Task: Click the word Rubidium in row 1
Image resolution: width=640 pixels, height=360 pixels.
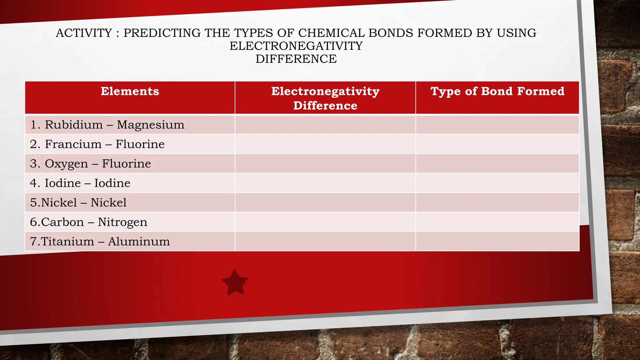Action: pos(74,125)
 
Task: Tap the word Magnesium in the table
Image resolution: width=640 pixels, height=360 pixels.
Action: pos(151,125)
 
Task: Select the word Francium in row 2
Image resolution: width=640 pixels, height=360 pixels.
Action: pos(73,144)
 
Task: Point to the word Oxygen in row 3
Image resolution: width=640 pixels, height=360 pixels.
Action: pos(66,164)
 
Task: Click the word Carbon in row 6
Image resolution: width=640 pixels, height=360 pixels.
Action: pos(62,222)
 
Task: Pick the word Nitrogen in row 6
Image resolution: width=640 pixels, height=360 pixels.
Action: pos(122,222)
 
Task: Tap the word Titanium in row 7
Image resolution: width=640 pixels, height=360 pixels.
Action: pos(67,241)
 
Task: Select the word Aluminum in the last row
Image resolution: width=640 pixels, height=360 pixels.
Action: pos(139,241)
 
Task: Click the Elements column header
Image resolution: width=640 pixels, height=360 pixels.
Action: pos(130,91)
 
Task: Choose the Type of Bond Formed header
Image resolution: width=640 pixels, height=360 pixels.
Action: pos(497,91)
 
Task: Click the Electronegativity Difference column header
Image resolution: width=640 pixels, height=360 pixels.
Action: pos(325,98)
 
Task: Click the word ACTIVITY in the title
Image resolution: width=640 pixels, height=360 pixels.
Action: pos(84,33)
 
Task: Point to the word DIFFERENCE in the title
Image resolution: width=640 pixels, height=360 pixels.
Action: pos(296,59)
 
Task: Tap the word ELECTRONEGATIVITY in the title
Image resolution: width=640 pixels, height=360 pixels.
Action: pos(296,46)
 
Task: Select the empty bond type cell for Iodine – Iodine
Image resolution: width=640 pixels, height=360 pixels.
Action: pos(497,183)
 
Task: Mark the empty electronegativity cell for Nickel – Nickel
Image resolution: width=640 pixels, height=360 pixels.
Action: pos(325,202)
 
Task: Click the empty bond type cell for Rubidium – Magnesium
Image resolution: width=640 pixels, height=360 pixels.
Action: pos(497,125)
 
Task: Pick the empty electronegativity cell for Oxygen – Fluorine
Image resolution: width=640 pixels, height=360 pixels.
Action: pos(325,163)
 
